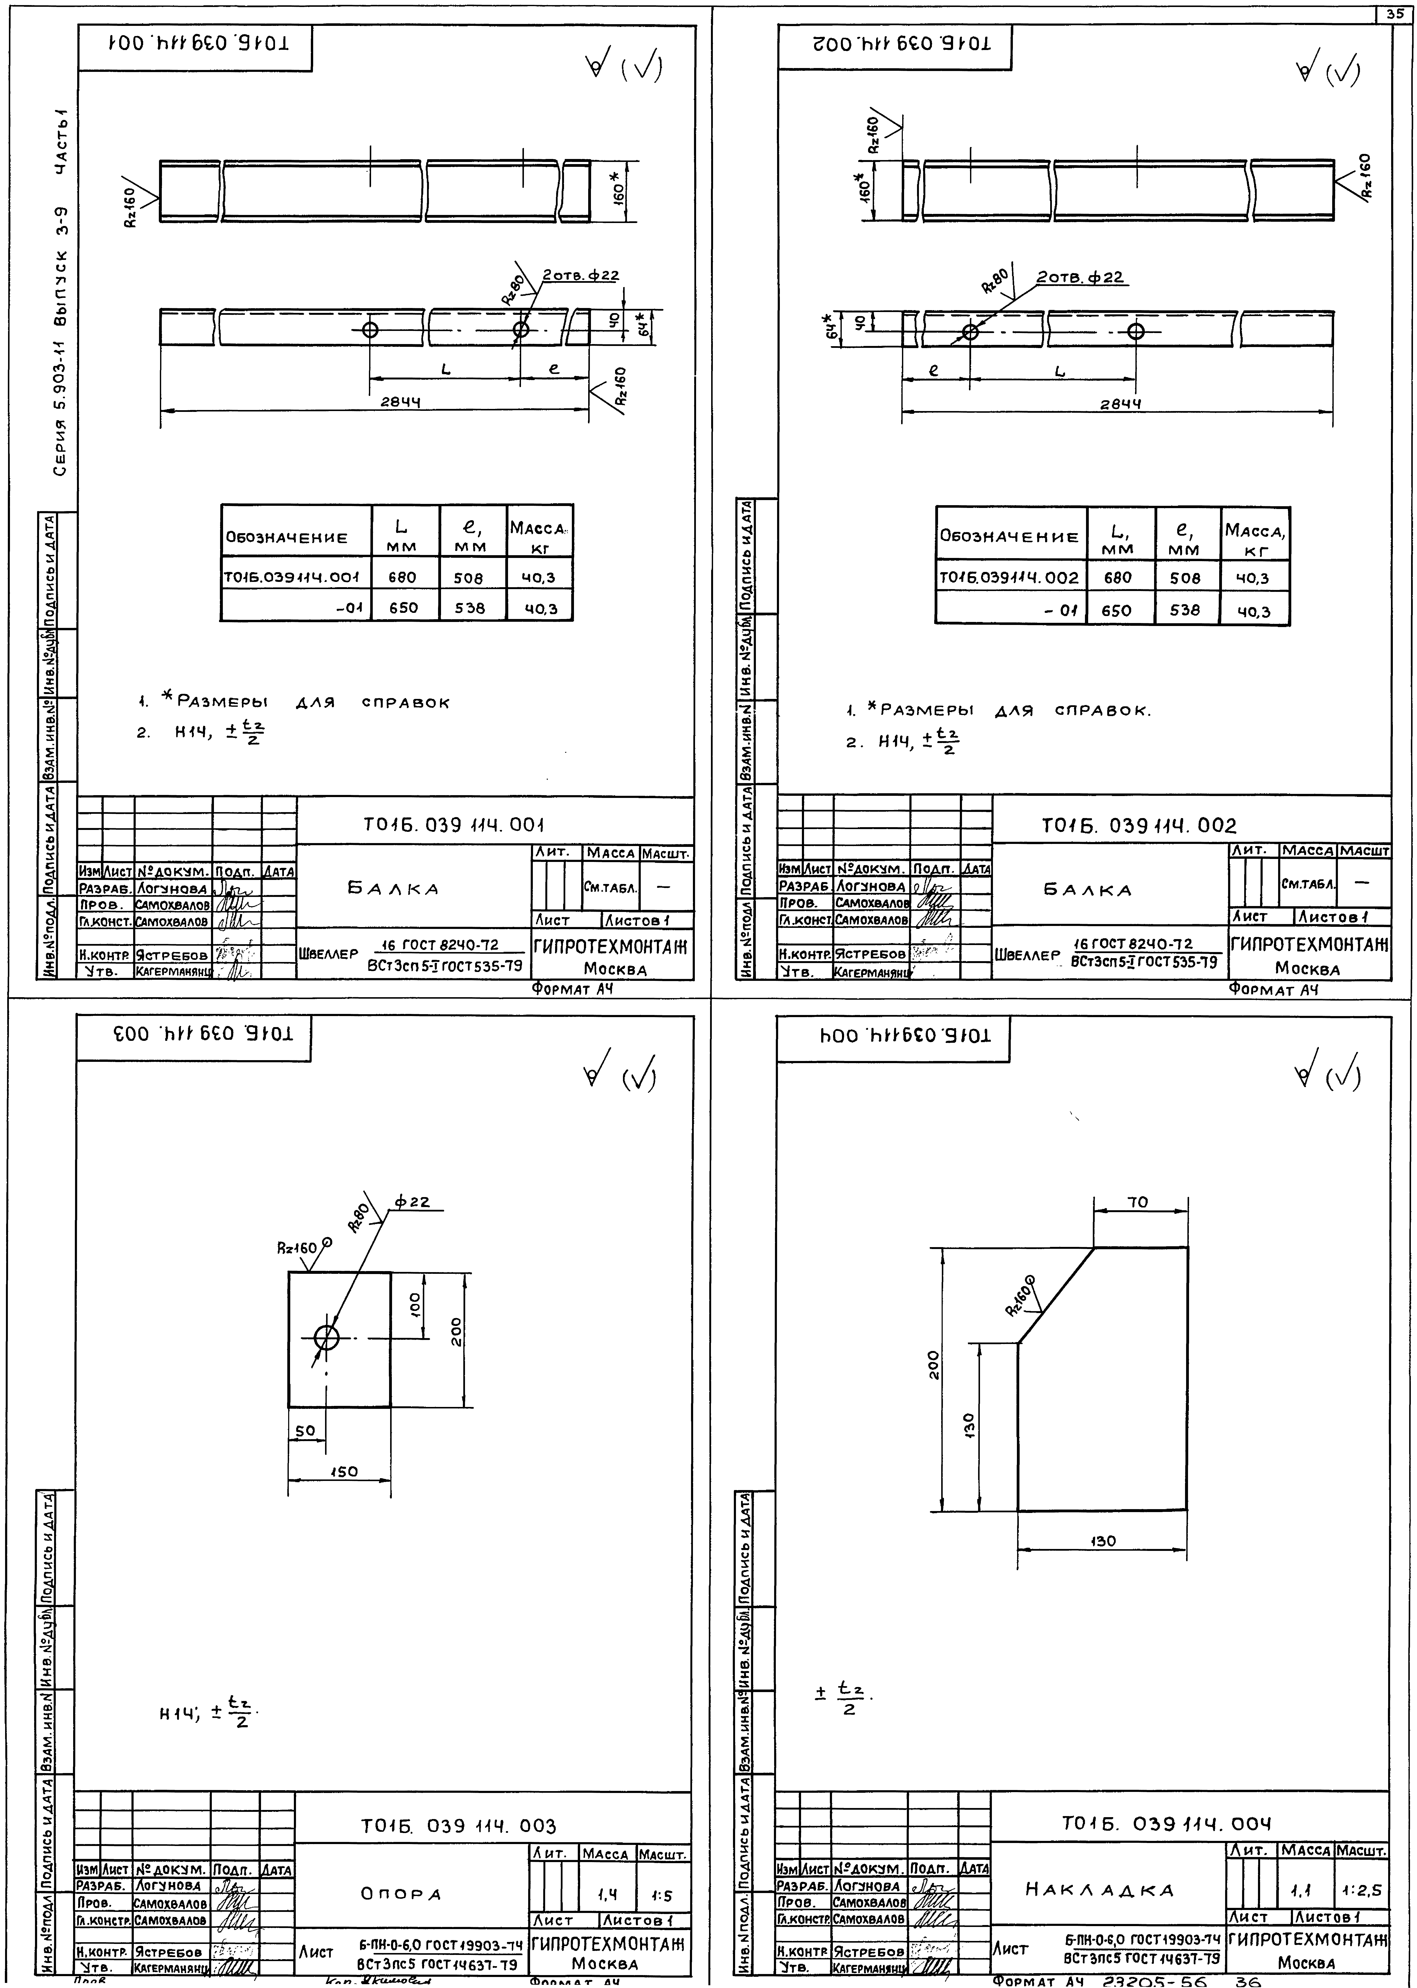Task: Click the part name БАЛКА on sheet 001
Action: (x=394, y=889)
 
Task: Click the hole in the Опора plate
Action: (x=326, y=1338)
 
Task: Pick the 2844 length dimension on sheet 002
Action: (x=1120, y=404)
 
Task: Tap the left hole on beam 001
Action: (x=370, y=330)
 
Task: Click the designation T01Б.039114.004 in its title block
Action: (x=1167, y=1824)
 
